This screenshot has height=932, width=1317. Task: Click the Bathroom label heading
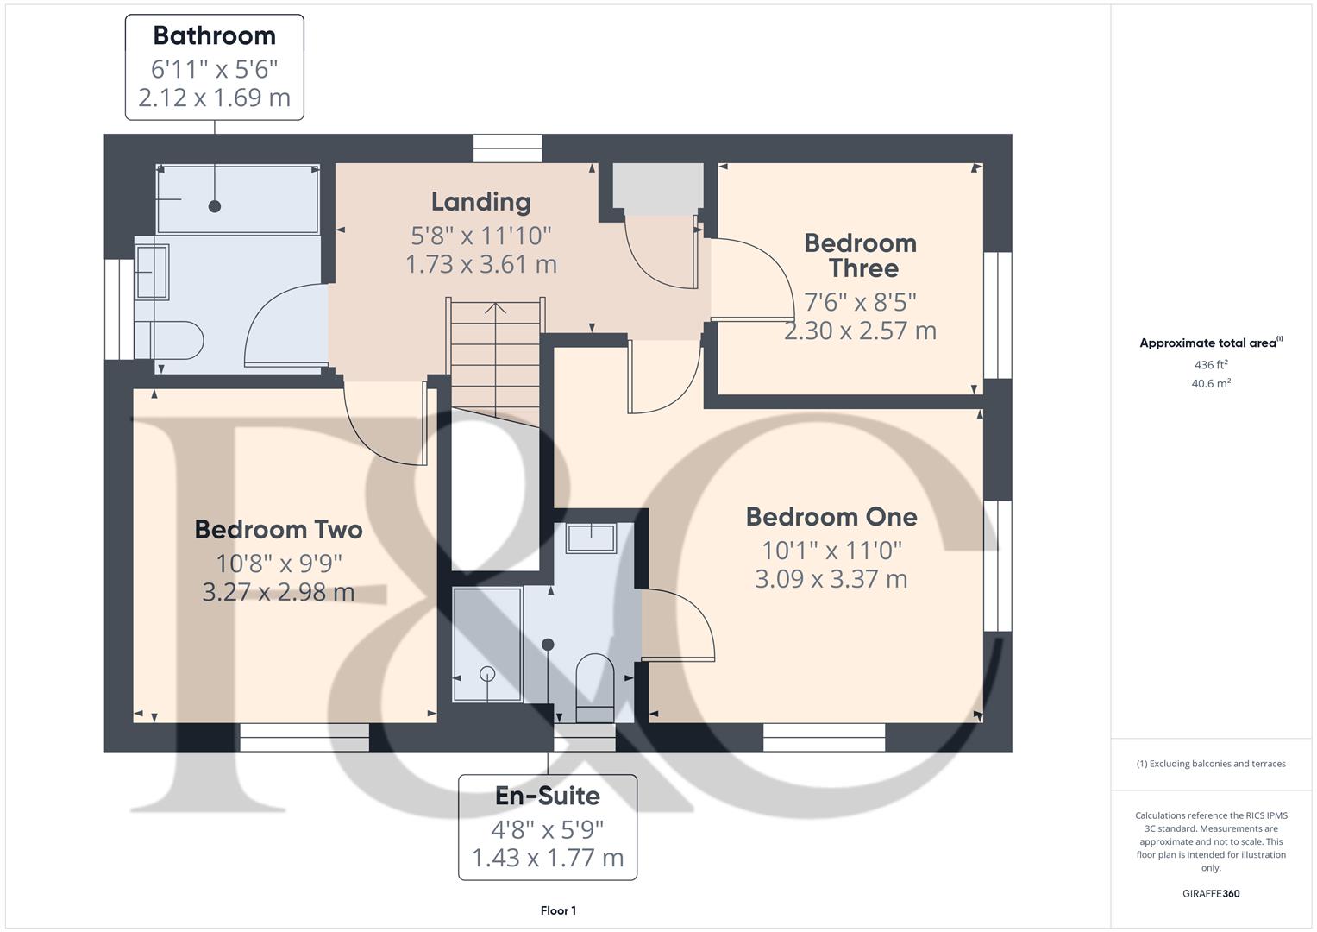(215, 36)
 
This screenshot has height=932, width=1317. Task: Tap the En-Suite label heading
(548, 796)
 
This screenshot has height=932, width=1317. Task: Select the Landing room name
(481, 202)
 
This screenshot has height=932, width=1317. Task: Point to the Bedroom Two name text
(278, 530)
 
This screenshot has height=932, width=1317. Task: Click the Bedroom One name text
(831, 517)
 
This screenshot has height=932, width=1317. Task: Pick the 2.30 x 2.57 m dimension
(860, 331)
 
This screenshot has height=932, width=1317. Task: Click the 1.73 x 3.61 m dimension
(481, 264)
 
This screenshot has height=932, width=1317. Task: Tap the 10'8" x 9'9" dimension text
(279, 564)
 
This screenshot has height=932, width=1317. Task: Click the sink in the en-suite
(591, 538)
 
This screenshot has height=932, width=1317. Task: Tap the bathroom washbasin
(152, 272)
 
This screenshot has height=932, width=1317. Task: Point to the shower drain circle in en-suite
(487, 674)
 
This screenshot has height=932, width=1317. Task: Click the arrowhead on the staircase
(496, 308)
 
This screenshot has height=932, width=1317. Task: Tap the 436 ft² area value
(1211, 364)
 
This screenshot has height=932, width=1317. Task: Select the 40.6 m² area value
(1211, 383)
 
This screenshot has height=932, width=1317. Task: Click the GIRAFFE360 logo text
(1211, 893)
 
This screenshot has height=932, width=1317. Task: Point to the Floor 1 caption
(558, 910)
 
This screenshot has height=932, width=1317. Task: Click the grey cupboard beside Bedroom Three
(658, 189)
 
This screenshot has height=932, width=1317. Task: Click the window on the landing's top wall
(508, 148)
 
